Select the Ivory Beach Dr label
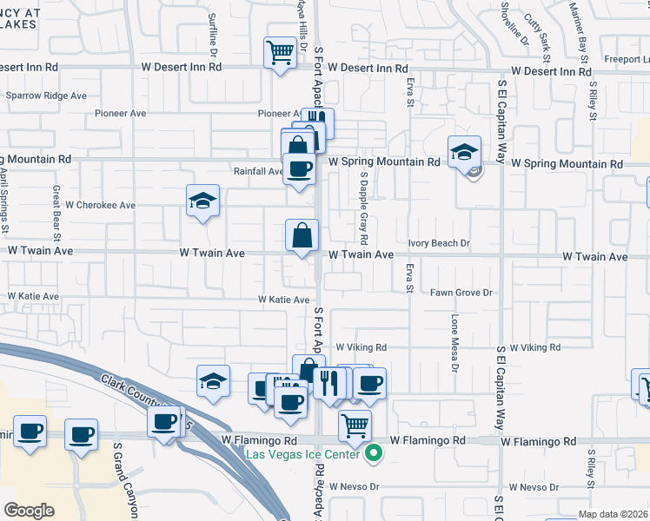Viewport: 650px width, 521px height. coord(439,244)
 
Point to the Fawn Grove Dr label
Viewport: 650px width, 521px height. coord(461,293)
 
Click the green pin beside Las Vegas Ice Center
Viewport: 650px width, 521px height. coord(375,452)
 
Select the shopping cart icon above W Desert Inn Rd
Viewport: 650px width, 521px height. coord(279,51)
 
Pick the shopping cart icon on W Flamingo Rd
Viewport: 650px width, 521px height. coord(354,425)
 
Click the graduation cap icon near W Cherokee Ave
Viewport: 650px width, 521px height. coord(202,201)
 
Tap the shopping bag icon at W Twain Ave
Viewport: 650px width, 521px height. coord(302,234)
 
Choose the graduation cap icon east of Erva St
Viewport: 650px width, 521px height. coord(465,151)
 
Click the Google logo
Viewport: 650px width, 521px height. coord(29,511)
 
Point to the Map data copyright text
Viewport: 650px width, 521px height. coord(614,514)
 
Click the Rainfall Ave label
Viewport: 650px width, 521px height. coord(258,172)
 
